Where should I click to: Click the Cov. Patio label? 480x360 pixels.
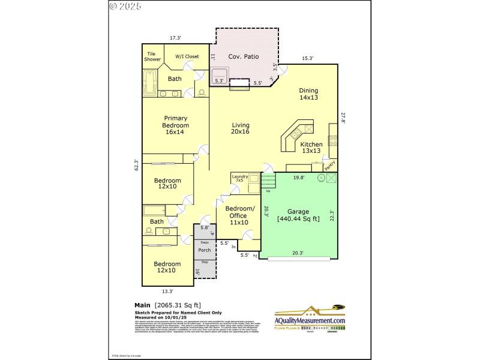244,56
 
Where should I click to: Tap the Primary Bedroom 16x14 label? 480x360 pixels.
175,125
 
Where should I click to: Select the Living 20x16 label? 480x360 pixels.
240,128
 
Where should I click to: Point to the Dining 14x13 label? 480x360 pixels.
308,94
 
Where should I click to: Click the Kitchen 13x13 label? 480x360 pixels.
311,148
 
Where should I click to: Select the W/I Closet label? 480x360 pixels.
187,56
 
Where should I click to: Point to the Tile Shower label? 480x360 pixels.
152,56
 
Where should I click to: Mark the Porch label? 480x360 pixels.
204,250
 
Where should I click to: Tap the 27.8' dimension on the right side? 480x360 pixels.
344,119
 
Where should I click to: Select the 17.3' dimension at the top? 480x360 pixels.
175,38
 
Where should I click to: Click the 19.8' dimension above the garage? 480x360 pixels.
298,178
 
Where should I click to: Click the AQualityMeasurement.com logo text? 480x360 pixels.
310,321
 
